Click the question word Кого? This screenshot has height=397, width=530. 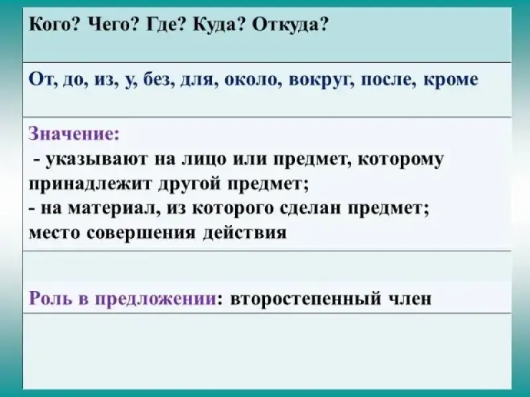click(54, 25)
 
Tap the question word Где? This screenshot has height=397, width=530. click(164, 25)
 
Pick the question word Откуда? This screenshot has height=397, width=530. click(290, 25)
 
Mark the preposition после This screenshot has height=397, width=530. click(388, 80)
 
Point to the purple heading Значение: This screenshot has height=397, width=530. click(74, 134)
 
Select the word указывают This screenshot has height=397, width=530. click(97, 159)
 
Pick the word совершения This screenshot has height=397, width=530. click(141, 233)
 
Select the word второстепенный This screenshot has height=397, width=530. click(305, 299)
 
